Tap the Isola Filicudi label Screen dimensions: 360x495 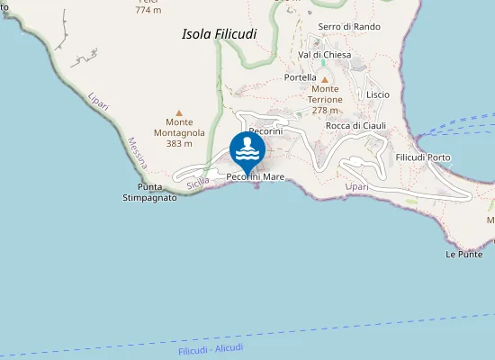(x=219, y=34)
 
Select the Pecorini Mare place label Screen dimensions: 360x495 (x=256, y=177)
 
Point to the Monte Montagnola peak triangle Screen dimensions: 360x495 (x=179, y=112)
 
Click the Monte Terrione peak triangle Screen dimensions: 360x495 (x=325, y=79)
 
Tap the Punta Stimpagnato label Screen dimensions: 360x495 (x=149, y=193)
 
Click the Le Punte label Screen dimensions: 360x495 (x=463, y=255)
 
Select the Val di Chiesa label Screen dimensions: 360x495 (x=324, y=55)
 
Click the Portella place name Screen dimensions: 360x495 (x=300, y=77)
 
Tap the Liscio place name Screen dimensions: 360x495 (x=378, y=94)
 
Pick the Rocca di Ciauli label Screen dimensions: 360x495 (x=355, y=125)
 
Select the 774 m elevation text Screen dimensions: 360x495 (x=148, y=10)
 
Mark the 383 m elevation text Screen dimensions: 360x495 (x=179, y=143)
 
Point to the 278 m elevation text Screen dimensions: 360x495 (x=325, y=111)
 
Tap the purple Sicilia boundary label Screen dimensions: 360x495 (x=198, y=182)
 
